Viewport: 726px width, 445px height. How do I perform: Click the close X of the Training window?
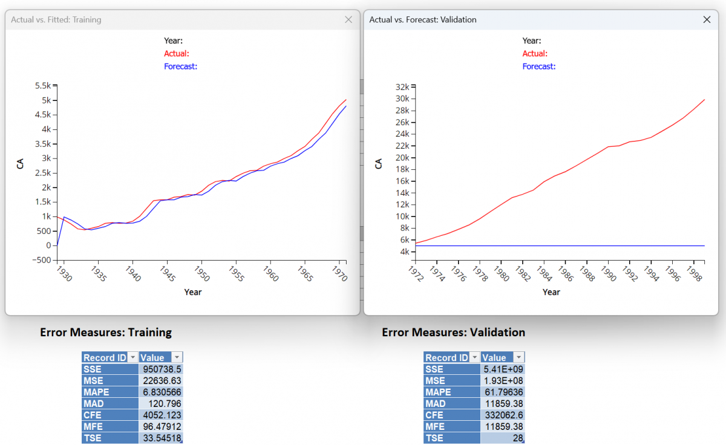click(348, 19)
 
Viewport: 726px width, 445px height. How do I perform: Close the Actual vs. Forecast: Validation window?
click(707, 19)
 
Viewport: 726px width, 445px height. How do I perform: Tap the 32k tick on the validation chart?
click(402, 86)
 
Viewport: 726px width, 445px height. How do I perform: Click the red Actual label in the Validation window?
click(535, 53)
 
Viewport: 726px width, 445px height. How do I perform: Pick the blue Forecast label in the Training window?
click(180, 66)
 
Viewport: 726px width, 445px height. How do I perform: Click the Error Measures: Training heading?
click(106, 332)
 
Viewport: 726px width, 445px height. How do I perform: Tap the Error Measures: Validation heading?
click(454, 332)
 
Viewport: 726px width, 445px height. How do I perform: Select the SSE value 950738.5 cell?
click(161, 369)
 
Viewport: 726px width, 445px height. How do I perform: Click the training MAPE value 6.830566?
click(161, 392)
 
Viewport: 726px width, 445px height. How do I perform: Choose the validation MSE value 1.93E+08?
click(503, 380)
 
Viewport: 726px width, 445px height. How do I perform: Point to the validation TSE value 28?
click(503, 438)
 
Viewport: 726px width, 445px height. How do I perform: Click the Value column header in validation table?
click(495, 357)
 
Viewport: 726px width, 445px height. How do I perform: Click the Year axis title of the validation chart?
click(551, 292)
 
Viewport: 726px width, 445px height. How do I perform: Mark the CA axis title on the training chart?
click(21, 163)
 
